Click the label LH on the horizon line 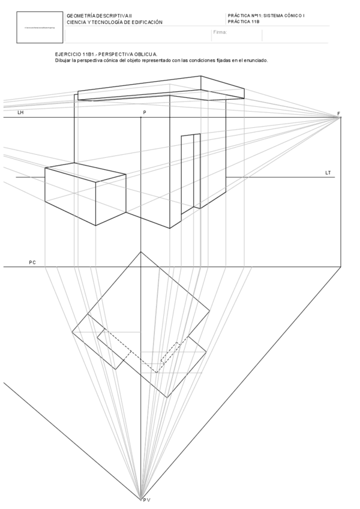[20, 112]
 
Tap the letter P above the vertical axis [144, 112]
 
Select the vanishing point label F [338, 113]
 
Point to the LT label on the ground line [328, 173]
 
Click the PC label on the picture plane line [32, 262]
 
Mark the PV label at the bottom [146, 499]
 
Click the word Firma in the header [220, 32]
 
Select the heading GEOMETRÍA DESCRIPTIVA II [103, 16]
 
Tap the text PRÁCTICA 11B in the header [244, 21]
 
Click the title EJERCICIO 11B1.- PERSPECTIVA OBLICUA [106, 54]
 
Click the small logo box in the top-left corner [40, 28]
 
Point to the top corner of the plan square [141, 252]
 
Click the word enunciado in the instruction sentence [254, 60]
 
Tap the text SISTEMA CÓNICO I [284, 15]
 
